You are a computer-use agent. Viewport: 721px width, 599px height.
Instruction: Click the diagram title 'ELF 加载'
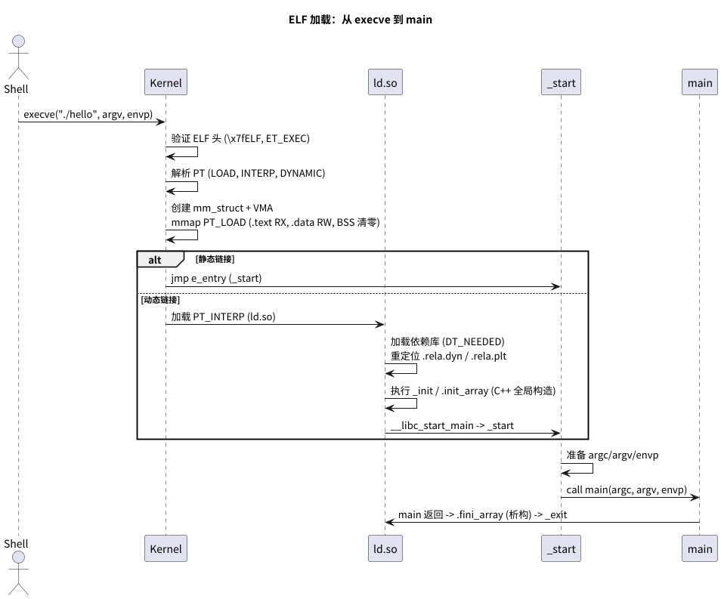[x=360, y=20]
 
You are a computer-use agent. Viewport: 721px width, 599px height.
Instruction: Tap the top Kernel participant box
[x=166, y=82]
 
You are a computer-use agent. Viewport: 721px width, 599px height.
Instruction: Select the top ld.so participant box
[x=384, y=82]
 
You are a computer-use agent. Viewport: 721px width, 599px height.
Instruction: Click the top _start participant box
[x=561, y=82]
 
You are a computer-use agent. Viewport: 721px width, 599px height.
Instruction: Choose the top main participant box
[x=699, y=82]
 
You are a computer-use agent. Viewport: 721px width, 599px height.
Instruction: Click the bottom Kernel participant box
[x=166, y=548]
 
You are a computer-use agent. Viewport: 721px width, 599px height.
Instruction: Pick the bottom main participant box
[x=699, y=548]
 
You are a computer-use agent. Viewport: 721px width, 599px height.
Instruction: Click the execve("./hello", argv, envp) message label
[x=88, y=115]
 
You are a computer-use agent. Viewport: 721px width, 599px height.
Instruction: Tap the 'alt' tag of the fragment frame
[x=155, y=260]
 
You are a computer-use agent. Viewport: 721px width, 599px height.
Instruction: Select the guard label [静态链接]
[x=215, y=259]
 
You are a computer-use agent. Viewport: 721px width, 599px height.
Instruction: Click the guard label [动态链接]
[x=160, y=300]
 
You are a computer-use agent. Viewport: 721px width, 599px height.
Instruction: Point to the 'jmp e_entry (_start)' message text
[x=216, y=279]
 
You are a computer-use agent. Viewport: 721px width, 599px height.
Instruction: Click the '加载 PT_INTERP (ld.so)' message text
[x=223, y=316]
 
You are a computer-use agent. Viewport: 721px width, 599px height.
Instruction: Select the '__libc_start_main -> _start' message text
[x=452, y=425]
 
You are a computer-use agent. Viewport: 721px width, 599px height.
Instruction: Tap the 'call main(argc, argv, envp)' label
[x=627, y=489]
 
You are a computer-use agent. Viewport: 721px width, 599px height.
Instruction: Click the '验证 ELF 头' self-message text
[x=240, y=138]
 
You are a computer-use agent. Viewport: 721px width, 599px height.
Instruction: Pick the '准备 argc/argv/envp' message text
[x=613, y=455]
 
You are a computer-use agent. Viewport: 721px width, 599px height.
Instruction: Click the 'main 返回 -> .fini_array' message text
[x=482, y=514]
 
